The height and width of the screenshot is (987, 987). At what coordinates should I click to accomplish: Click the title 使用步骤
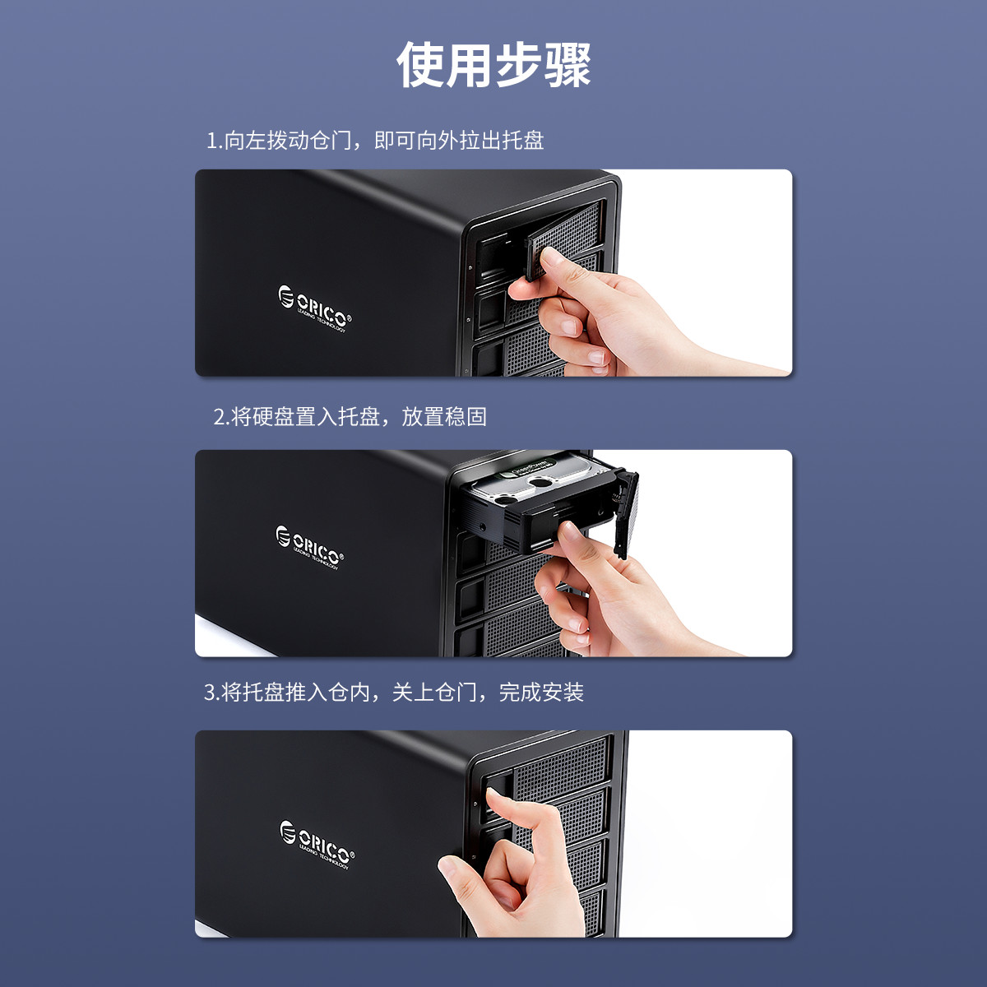(493, 65)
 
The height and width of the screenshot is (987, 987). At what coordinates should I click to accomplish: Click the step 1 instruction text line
(374, 141)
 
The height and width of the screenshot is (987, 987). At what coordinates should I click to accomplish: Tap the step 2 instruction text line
(350, 416)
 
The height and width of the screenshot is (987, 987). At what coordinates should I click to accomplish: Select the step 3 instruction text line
(393, 692)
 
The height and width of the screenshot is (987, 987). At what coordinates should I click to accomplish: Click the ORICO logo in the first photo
(315, 308)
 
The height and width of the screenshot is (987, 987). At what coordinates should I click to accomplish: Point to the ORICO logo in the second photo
(310, 547)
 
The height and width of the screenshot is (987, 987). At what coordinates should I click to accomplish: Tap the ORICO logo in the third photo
(317, 845)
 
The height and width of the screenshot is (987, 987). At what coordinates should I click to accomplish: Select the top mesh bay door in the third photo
(562, 763)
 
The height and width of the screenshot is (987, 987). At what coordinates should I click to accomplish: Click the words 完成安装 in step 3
(541, 692)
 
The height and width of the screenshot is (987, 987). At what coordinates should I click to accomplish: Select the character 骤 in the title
(568, 65)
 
